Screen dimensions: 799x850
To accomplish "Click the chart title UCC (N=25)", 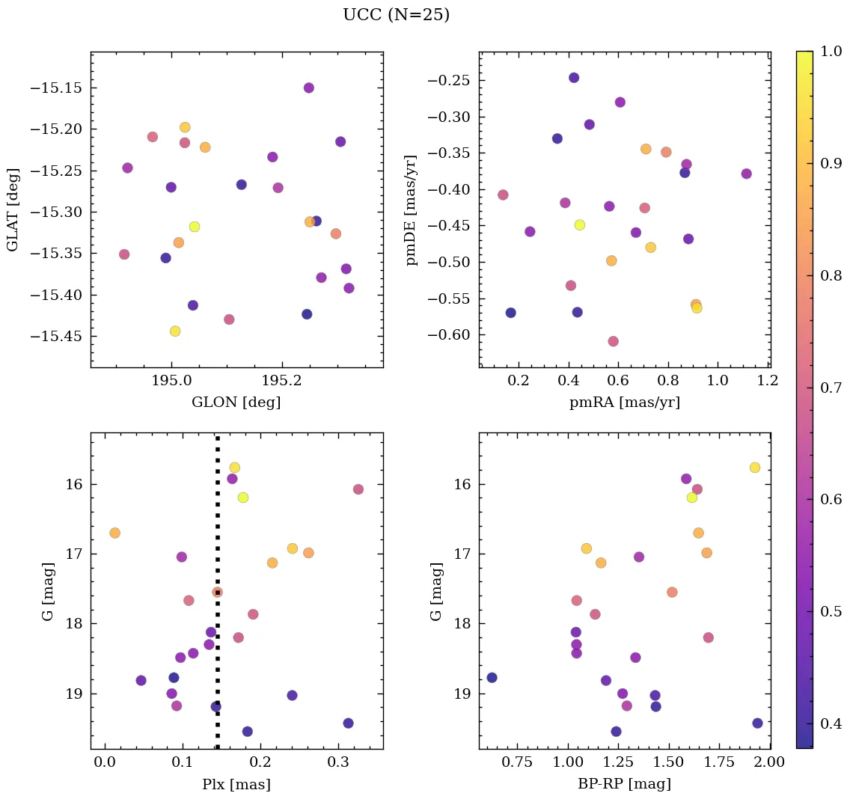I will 396,15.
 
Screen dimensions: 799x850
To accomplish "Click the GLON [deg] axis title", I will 236,402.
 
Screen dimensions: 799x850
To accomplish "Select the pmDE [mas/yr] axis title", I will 411,209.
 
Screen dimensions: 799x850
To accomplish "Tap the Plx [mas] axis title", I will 236,784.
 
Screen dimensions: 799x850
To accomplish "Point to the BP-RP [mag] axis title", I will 624,784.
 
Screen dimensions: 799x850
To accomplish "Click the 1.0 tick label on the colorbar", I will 831,52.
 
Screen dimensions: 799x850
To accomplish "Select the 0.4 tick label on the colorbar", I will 831,723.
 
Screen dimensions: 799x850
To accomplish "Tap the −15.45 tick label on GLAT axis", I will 55,336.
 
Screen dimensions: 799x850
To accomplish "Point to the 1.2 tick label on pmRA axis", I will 767,382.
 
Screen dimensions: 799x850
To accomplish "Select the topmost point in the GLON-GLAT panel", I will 308,88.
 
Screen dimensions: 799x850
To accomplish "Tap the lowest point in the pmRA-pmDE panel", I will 613,341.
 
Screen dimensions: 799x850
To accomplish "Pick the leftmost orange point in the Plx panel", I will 114,533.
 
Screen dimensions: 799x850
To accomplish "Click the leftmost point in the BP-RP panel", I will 492,677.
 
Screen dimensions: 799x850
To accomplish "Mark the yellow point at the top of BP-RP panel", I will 754,468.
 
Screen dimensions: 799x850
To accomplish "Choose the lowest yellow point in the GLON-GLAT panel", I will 175,331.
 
